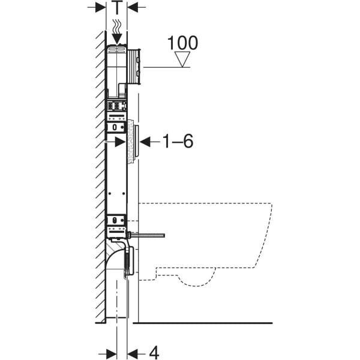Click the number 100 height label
tap(182, 43)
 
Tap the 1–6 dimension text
tap(177, 142)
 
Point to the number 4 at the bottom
tap(154, 352)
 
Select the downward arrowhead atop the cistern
tap(116, 39)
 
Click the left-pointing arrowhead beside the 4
tap(133, 352)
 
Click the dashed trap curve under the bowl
tap(198, 277)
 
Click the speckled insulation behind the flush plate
tap(130, 142)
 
